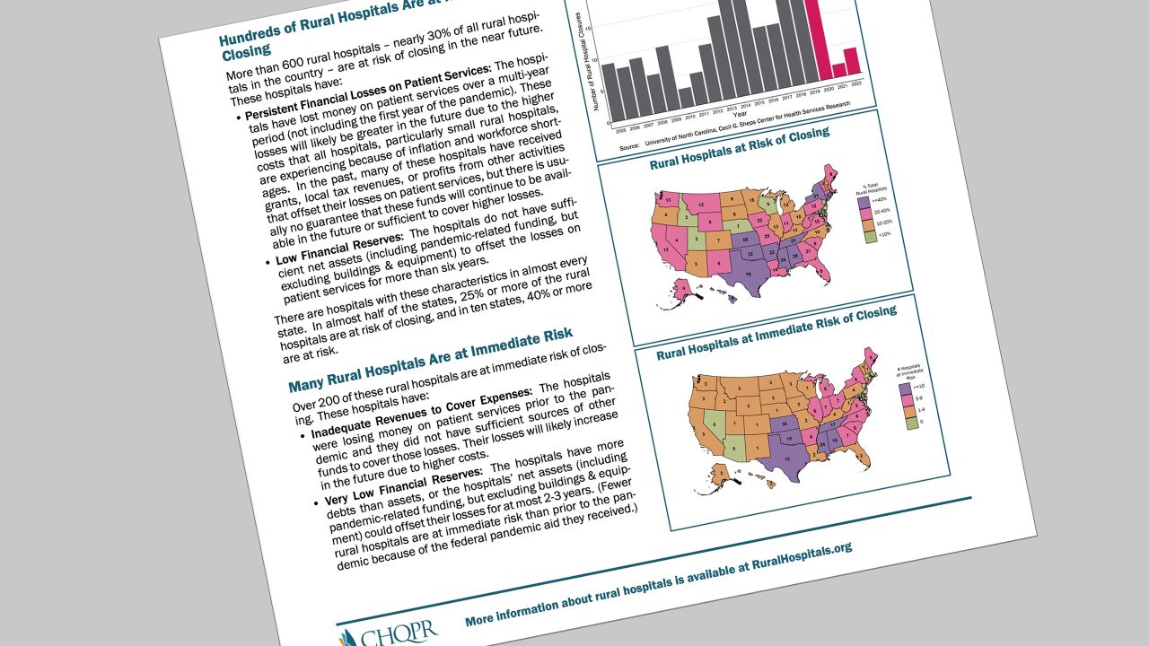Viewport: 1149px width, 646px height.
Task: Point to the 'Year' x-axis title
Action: coord(739,115)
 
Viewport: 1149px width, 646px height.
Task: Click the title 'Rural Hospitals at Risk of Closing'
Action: coord(739,149)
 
